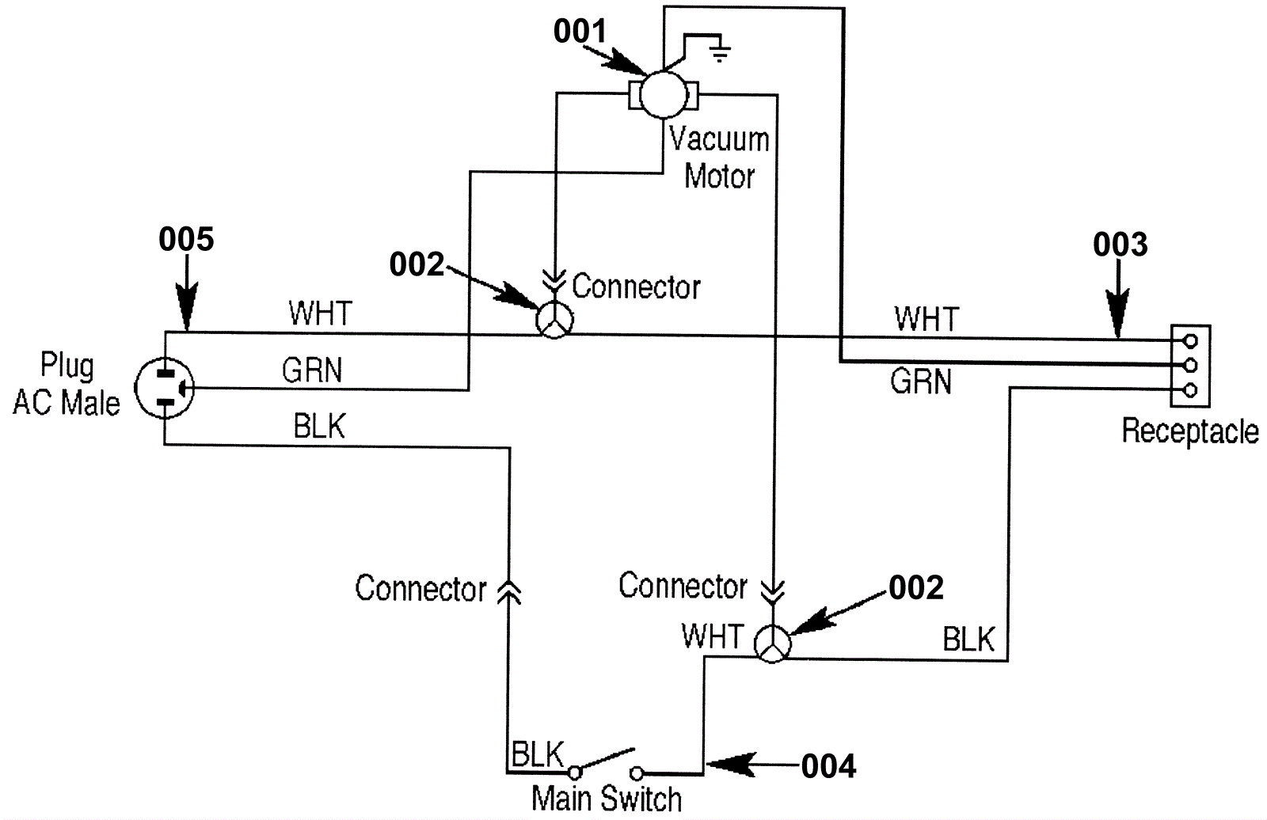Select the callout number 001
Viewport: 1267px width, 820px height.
(580, 32)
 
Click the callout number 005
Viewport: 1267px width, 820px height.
(186, 239)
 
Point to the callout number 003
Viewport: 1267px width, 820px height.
(1120, 245)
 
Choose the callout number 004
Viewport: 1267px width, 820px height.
(828, 766)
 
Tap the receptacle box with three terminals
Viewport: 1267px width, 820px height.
(1189, 365)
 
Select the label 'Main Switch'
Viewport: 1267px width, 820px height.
(607, 799)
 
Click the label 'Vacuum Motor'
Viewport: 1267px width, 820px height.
(719, 157)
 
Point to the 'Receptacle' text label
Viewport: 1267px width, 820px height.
(1189, 431)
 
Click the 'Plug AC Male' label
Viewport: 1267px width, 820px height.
(67, 384)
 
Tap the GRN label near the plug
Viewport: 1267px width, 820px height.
(312, 370)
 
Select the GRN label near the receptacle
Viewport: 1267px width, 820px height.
(920, 382)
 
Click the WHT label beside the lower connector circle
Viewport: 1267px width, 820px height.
(712, 637)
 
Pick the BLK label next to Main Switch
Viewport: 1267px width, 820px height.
(538, 754)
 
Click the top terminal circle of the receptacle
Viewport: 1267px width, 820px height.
(1189, 341)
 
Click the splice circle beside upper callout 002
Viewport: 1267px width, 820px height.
(554, 321)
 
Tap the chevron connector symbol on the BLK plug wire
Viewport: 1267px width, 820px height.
(508, 590)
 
